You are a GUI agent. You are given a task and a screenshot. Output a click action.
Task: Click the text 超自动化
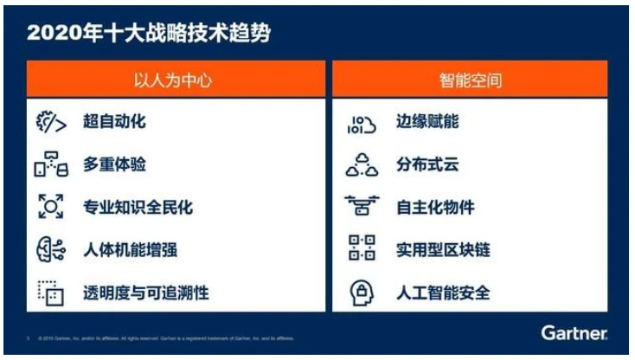(114, 122)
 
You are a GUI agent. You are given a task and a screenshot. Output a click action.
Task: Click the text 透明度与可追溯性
(145, 293)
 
